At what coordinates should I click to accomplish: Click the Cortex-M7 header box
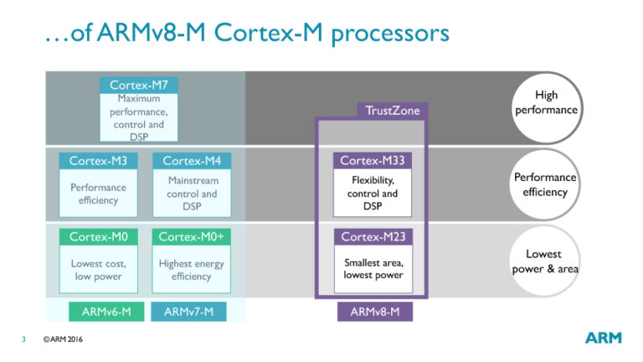pyautogui.click(x=138, y=85)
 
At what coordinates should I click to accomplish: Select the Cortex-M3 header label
pyautogui.click(x=98, y=161)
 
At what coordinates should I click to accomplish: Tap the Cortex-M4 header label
pyautogui.click(x=192, y=161)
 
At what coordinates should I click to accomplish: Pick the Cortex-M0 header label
pyautogui.click(x=98, y=237)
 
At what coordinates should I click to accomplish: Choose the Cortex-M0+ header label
pyautogui.click(x=192, y=237)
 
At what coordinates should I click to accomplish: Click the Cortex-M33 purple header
pyautogui.click(x=373, y=161)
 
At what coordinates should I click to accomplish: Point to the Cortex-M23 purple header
pyautogui.click(x=373, y=237)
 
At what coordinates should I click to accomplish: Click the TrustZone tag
pyautogui.click(x=393, y=111)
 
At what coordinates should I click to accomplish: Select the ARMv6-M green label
pyautogui.click(x=105, y=312)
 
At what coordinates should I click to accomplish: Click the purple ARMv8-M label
pyautogui.click(x=374, y=312)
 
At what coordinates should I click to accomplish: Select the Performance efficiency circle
pyautogui.click(x=544, y=184)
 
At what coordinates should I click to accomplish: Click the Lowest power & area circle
pyautogui.click(x=544, y=261)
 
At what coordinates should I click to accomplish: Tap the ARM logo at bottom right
pyautogui.click(x=603, y=338)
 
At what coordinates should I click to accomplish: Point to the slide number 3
pyautogui.click(x=24, y=339)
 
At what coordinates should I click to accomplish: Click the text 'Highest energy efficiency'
pyautogui.click(x=192, y=270)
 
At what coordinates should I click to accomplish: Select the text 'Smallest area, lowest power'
pyautogui.click(x=373, y=268)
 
